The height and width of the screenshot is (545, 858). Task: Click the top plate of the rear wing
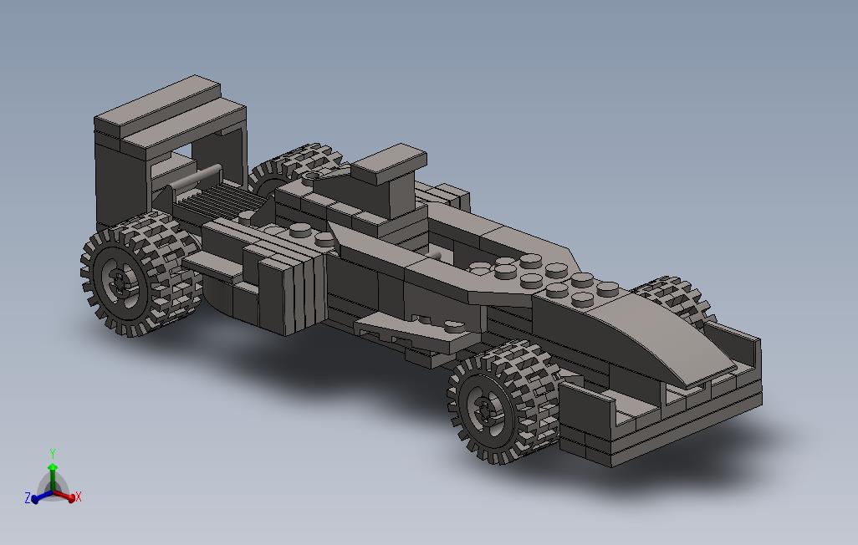[x=170, y=114]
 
